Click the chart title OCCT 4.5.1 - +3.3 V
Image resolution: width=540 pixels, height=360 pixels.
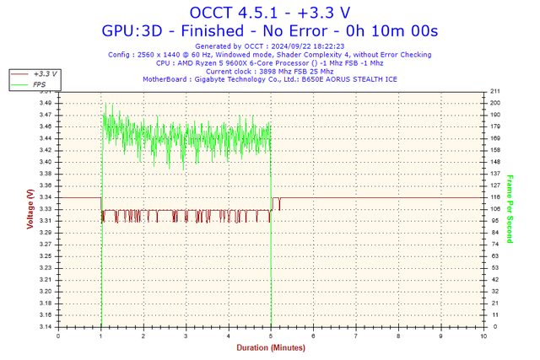click(269, 12)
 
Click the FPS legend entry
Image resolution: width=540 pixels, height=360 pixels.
click(40, 84)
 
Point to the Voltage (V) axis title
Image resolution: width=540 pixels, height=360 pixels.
click(30, 210)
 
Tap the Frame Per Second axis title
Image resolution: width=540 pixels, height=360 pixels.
click(510, 209)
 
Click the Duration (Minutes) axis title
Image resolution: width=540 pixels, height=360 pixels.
click(269, 347)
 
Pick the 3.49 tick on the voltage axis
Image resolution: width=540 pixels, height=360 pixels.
click(46, 103)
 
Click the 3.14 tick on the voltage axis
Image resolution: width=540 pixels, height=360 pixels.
click(46, 326)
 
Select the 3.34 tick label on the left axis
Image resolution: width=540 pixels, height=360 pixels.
click(46, 197)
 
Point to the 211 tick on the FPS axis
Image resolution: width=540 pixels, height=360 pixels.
click(495, 91)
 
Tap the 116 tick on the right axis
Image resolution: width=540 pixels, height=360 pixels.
click(495, 197)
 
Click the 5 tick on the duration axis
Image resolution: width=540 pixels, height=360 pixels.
click(271, 335)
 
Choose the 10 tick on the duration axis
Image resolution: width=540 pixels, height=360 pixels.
click(483, 335)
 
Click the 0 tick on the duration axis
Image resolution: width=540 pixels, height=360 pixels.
click(58, 335)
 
